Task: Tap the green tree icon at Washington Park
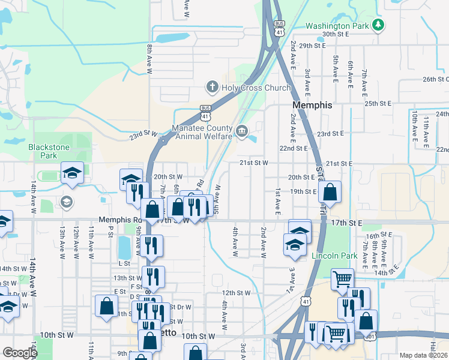(378, 25)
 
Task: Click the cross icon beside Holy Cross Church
(211, 88)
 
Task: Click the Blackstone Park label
(49, 151)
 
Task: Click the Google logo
(20, 353)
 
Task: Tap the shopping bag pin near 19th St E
(330, 192)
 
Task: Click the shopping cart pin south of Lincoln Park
(342, 278)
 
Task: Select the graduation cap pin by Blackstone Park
(72, 173)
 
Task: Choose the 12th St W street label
(235, 293)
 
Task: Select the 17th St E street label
(346, 223)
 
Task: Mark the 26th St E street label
(436, 79)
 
